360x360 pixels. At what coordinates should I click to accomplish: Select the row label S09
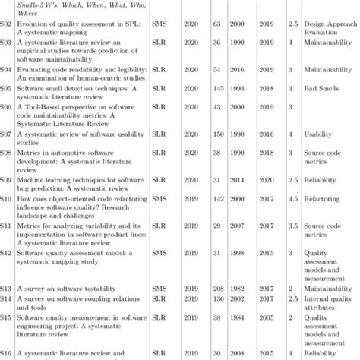click(7, 180)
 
